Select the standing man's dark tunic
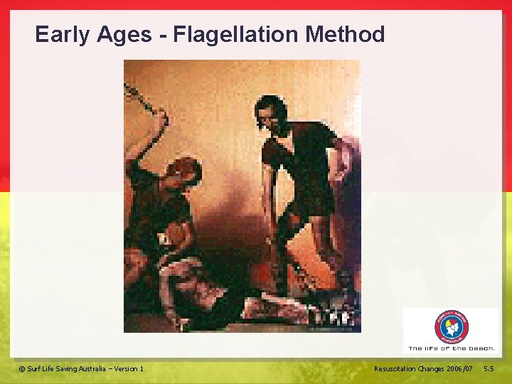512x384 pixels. [299, 156]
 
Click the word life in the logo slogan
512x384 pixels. [432, 348]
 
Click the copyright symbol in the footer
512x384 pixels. [21, 369]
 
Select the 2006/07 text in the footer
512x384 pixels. [462, 369]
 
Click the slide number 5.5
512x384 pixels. [489, 369]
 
